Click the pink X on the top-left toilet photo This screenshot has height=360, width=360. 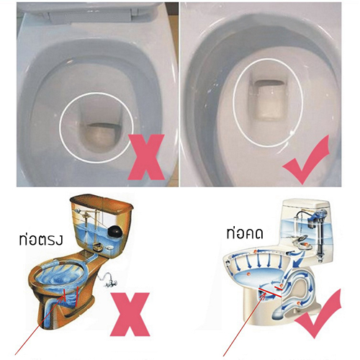(x=146, y=157)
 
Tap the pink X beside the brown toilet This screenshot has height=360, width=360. (x=130, y=314)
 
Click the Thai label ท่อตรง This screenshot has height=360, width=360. (x=41, y=240)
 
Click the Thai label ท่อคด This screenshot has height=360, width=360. (x=245, y=233)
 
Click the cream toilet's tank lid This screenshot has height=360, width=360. (x=305, y=203)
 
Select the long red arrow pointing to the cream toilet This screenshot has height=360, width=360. (x=244, y=324)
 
